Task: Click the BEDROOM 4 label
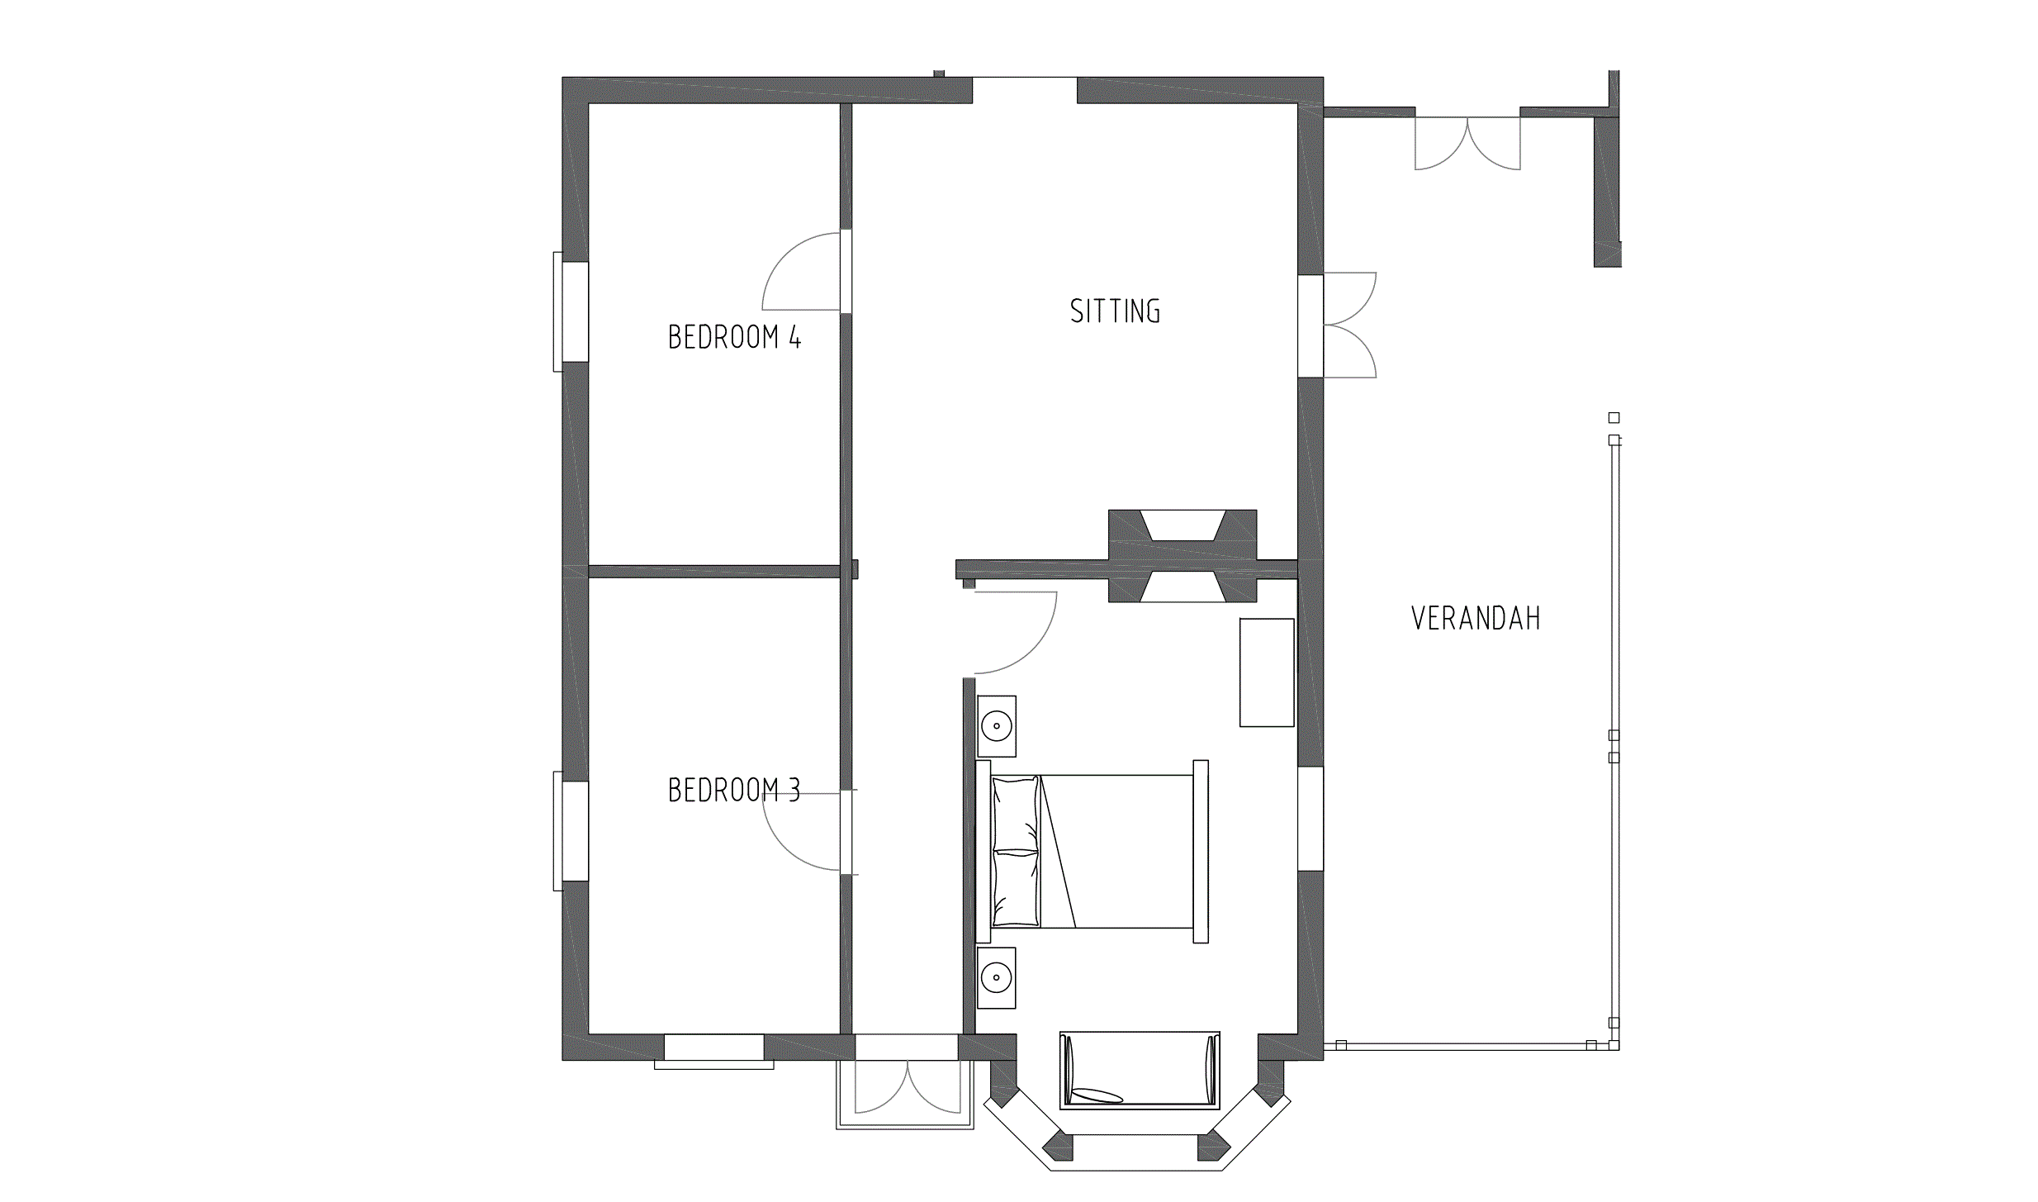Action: tap(734, 337)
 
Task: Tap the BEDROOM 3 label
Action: tap(734, 791)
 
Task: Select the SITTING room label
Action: tap(1115, 311)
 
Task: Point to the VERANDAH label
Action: tap(1476, 619)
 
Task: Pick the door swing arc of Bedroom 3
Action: tap(785, 847)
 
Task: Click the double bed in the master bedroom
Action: tap(1092, 852)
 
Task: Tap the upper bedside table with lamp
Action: tap(997, 727)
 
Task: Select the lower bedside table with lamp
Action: tap(997, 978)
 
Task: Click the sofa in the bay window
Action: tap(1140, 1070)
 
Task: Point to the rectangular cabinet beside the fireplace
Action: tap(1267, 672)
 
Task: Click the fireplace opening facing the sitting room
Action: tap(1183, 525)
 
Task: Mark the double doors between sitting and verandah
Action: tap(1350, 325)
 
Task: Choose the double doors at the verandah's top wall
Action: tap(1467, 143)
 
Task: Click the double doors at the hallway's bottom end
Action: tap(907, 1086)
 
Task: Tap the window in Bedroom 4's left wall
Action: tap(571, 311)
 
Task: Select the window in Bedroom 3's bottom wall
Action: tap(714, 1052)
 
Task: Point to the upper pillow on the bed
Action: tap(1015, 814)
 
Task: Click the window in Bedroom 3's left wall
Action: tap(571, 831)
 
